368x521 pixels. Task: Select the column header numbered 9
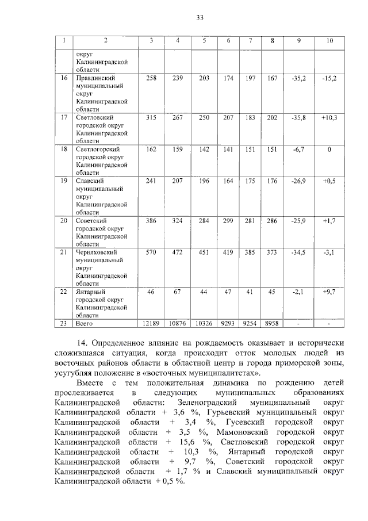coord(298,40)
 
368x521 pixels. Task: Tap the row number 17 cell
coord(64,117)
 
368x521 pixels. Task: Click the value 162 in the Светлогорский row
coord(151,149)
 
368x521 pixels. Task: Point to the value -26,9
coord(298,181)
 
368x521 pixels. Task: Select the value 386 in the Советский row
coord(151,220)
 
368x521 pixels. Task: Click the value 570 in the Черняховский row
coord(151,252)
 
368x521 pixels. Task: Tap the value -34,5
coord(298,252)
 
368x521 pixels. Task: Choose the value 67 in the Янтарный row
coord(178,292)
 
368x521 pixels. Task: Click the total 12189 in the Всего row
coord(151,323)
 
